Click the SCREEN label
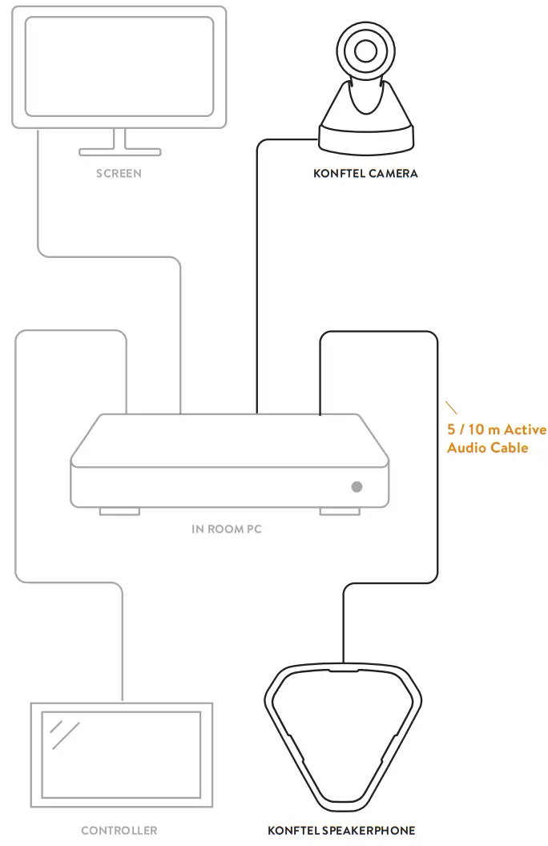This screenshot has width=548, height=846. tap(119, 173)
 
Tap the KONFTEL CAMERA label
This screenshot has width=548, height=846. tap(365, 173)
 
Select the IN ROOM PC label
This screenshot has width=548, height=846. tap(228, 528)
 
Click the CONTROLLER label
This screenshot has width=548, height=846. tap(119, 830)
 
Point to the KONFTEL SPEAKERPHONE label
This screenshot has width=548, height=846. tap(341, 830)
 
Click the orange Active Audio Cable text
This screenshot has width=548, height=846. tap(496, 439)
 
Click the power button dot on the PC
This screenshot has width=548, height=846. tap(357, 486)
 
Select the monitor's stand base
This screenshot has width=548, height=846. tap(119, 151)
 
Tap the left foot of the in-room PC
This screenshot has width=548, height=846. tap(119, 511)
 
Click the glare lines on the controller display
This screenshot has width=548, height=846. tap(65, 735)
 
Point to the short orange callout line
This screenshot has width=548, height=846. tap(452, 407)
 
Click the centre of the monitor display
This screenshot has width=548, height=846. tap(119, 66)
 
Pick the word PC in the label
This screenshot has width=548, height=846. tap(255, 528)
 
